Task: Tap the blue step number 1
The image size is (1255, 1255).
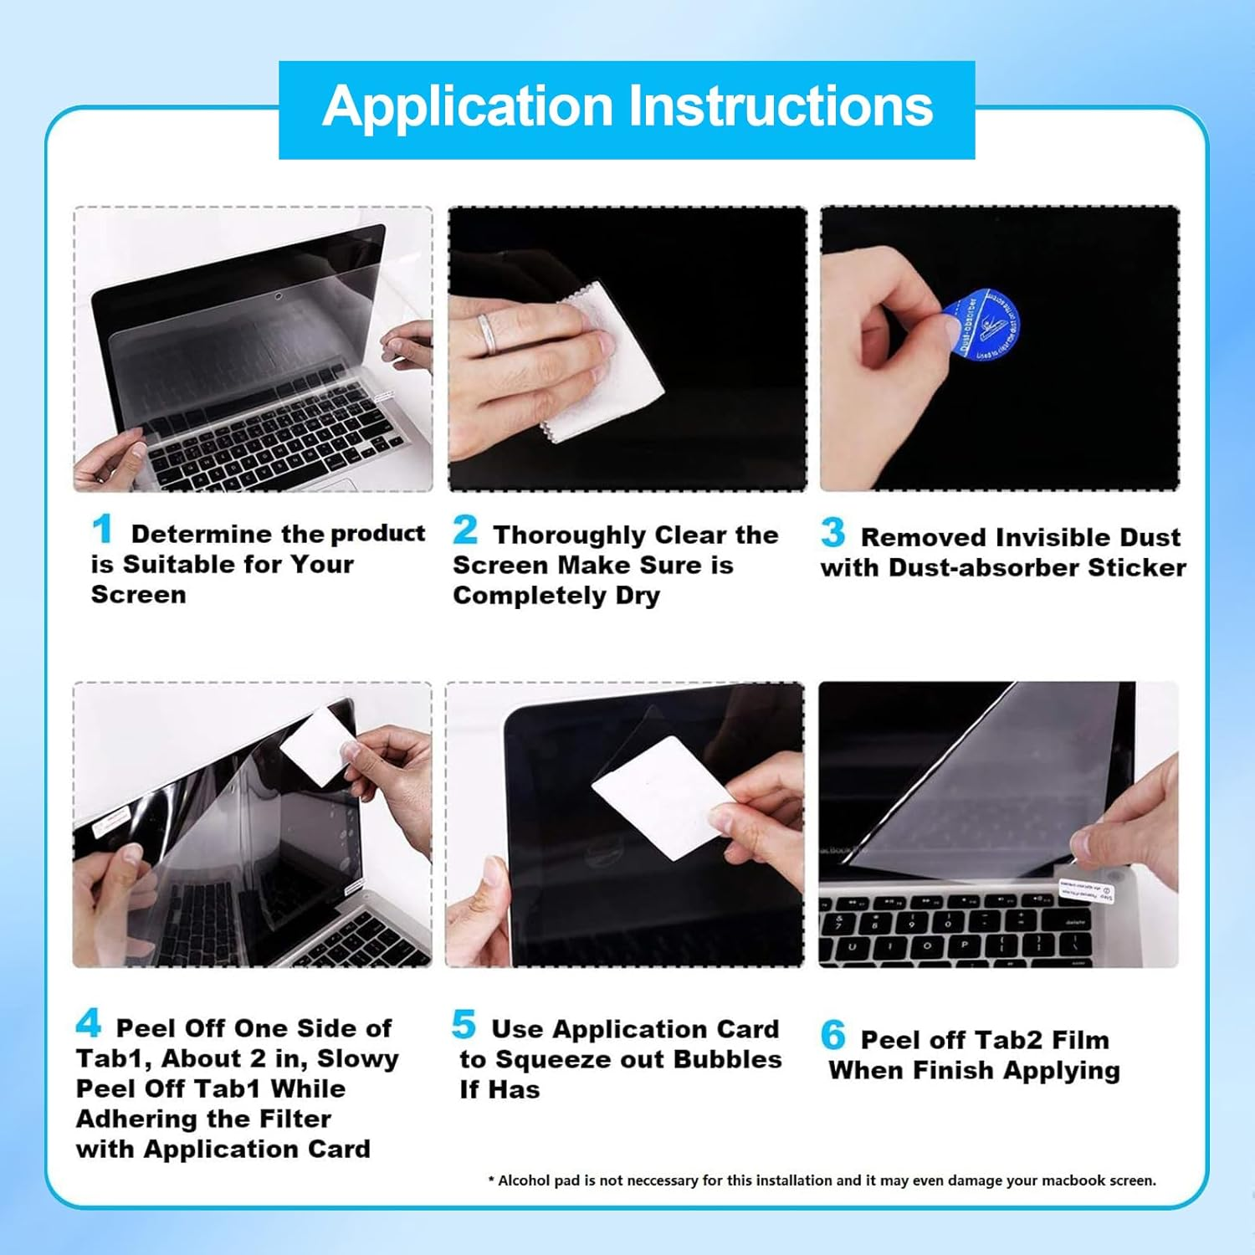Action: [102, 530]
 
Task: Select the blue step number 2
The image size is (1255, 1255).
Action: [465, 530]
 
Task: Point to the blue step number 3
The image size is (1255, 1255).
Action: [832, 533]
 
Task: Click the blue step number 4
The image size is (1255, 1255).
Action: [89, 1023]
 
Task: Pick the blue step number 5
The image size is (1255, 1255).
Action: [464, 1025]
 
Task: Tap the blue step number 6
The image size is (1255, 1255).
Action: [832, 1036]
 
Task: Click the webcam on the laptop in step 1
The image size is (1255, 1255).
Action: [277, 297]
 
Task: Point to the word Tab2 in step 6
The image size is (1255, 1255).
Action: [984, 1040]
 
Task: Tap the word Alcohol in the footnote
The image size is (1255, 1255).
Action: [524, 1181]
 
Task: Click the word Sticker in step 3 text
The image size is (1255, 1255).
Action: [1136, 567]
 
